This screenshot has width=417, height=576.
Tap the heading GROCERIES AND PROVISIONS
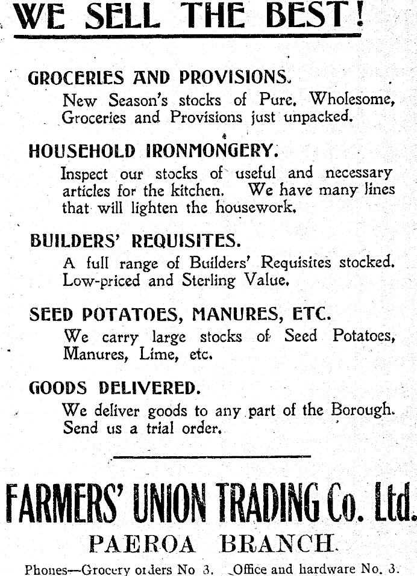click(x=159, y=78)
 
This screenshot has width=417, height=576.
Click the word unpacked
click(x=317, y=117)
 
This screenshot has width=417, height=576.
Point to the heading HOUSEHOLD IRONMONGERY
click(x=154, y=150)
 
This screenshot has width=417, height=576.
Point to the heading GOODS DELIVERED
click(x=114, y=388)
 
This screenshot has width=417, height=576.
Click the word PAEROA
click(x=142, y=544)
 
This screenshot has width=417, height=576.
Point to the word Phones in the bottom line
click(x=45, y=569)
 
